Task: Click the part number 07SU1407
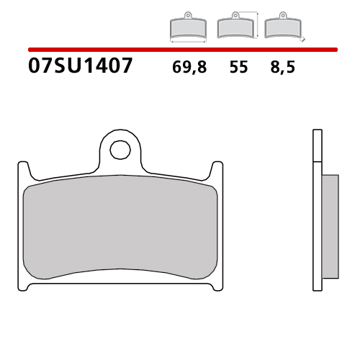[80, 67]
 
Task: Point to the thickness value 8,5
[282, 68]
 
